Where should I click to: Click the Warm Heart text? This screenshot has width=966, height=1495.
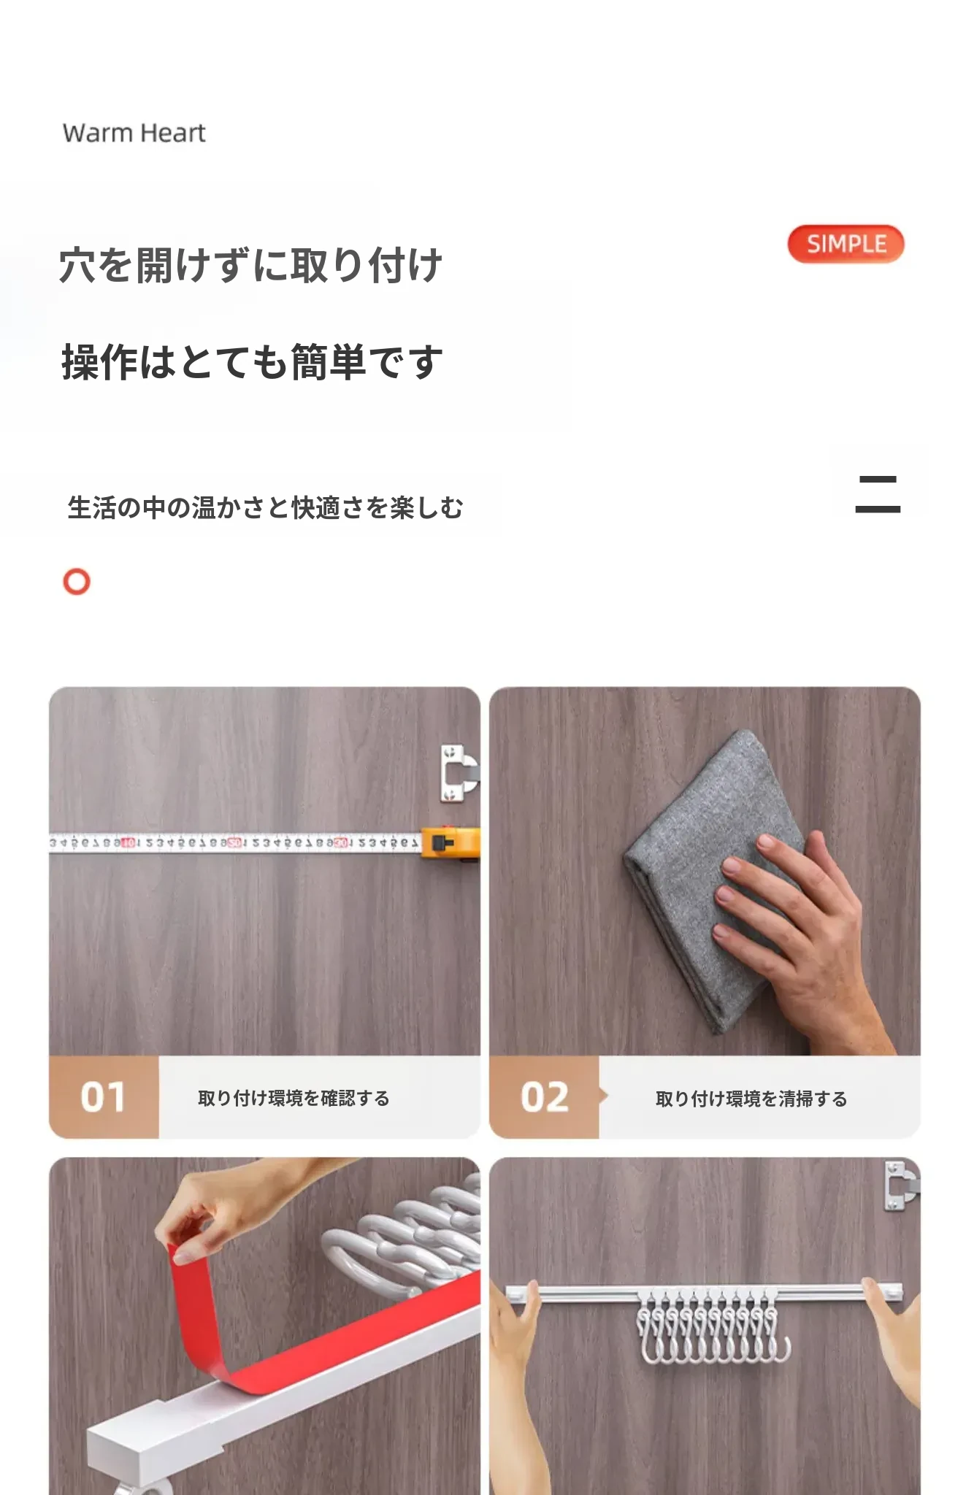134,133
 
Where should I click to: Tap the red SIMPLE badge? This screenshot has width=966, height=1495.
846,244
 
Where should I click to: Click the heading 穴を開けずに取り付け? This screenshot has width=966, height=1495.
250,265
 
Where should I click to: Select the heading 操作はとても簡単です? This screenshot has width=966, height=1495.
252,362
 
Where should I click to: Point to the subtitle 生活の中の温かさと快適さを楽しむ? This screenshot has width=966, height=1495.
265,507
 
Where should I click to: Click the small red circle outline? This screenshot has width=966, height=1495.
77,582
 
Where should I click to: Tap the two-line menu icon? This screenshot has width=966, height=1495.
878,494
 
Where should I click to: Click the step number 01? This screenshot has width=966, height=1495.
103,1097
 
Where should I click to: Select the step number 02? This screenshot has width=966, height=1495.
545,1097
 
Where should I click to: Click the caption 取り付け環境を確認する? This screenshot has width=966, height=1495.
294,1098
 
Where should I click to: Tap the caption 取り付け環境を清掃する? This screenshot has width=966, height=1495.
751,1099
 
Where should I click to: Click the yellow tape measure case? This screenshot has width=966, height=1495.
451,843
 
